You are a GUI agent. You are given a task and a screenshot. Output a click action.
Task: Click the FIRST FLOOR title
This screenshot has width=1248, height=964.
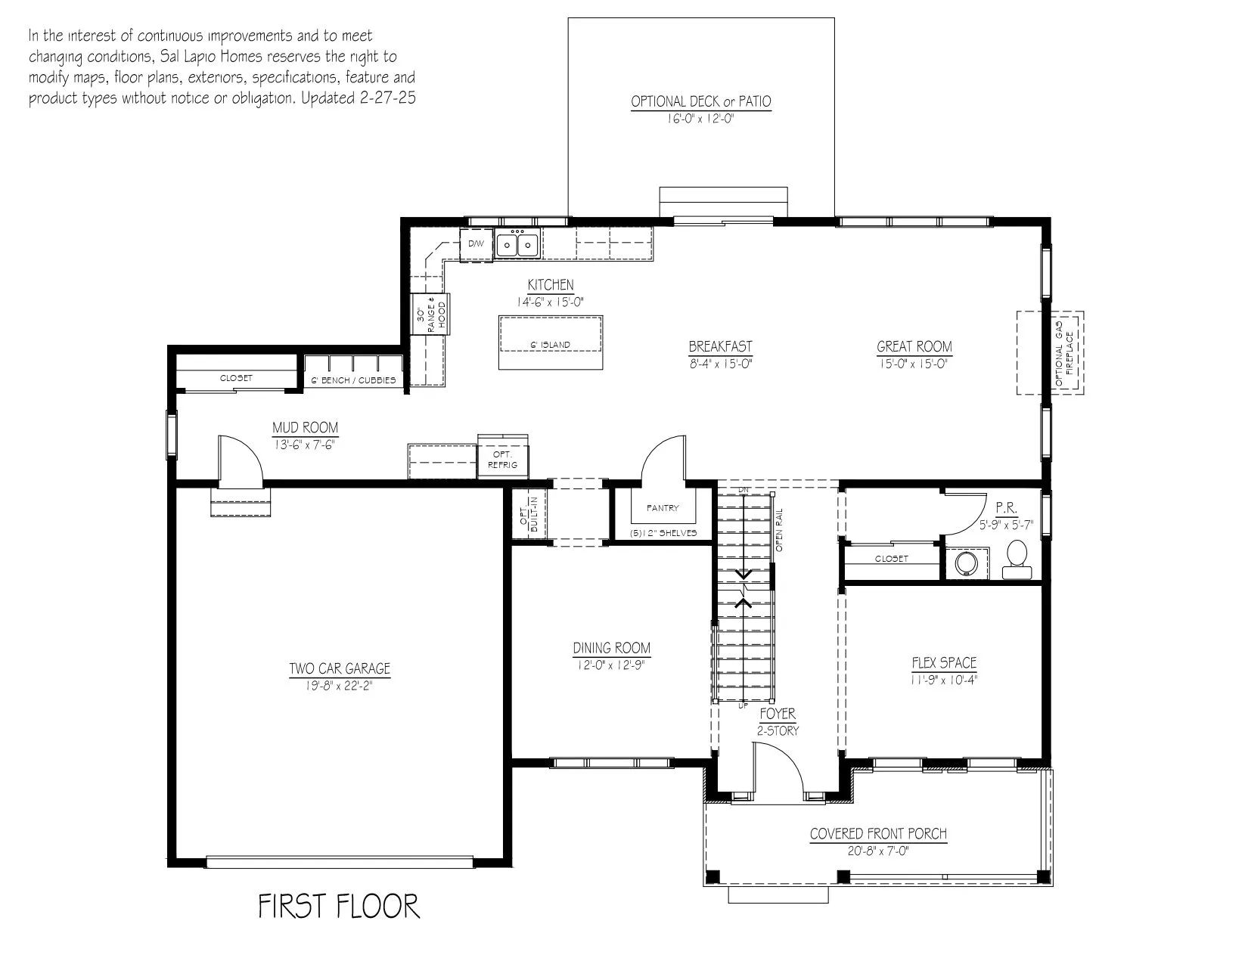pos(339,906)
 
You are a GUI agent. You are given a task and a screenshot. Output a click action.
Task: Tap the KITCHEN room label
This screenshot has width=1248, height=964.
pos(550,285)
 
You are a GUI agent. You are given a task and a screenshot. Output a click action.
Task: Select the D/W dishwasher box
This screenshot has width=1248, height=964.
pos(476,244)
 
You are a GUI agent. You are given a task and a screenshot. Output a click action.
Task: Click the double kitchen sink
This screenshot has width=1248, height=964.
pos(517,243)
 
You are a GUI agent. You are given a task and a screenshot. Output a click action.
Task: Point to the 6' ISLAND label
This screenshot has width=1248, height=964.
pos(550,345)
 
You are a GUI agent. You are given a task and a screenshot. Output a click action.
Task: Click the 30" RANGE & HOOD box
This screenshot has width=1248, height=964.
pos(430,315)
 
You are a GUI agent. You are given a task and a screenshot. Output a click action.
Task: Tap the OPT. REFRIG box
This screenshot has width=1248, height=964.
pos(502,460)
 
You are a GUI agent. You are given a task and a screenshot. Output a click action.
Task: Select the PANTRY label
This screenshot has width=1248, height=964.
pos(663,508)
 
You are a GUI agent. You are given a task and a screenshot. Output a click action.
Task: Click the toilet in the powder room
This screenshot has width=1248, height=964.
pos(1017,559)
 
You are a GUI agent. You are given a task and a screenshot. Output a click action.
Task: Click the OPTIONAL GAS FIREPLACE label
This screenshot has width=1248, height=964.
pos(1063,353)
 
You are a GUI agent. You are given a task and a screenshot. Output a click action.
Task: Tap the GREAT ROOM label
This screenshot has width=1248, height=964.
pos(914,347)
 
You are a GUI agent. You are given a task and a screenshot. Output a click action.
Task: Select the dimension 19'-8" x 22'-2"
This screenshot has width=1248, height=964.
pos(339,686)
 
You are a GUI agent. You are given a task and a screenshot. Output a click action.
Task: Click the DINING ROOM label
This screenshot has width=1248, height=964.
pos(612,648)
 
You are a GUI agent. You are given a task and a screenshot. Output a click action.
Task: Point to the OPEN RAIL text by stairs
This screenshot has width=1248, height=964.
pos(779,530)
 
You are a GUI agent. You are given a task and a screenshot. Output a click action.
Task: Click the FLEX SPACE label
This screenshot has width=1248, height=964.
pos(944,663)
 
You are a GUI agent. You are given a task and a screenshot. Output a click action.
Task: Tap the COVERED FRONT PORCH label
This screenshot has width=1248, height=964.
pos(878,834)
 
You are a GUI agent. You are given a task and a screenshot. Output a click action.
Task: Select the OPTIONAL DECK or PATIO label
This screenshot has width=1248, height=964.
pos(700,101)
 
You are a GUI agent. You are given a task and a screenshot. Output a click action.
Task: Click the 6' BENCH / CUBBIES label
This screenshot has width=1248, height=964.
pos(353,380)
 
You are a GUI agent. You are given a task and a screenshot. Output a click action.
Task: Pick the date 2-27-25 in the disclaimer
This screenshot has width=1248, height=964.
pos(388,98)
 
